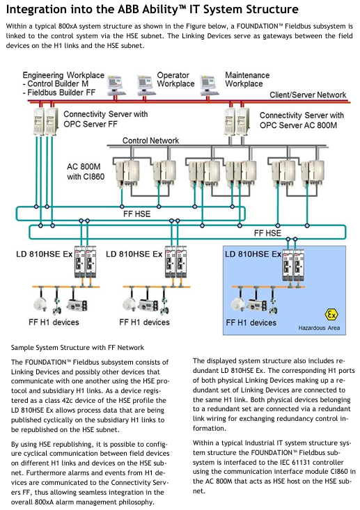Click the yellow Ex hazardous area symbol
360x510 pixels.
pos(331,315)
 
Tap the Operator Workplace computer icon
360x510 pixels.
pos(145,84)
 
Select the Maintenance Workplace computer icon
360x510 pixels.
pos(208,85)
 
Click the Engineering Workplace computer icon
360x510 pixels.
pos(116,85)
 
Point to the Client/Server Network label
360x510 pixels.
pos(308,95)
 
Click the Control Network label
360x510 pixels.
pos(150,141)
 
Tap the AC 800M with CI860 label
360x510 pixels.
pos(86,172)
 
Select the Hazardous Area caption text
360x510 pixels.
pos(319,328)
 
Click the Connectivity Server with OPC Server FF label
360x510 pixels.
pos(105,119)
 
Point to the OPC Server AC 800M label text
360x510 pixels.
pos(298,125)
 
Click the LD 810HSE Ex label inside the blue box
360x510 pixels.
pos(253,254)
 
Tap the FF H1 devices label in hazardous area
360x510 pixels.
pos(251,323)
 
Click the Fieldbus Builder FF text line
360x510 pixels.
pos(59,93)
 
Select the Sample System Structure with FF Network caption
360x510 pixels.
pos(77,347)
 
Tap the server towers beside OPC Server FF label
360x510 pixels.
pos(45,121)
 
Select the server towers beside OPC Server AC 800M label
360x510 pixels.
pos(237,121)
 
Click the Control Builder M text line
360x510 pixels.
pos(55,84)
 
